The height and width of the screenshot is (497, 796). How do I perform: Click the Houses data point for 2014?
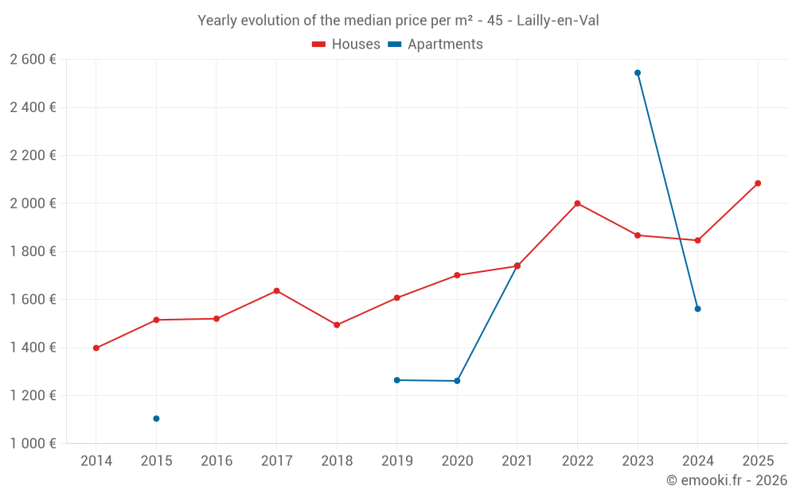[96, 348]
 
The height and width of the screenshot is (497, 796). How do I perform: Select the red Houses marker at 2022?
[577, 204]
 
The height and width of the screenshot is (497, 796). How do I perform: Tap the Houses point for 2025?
[758, 183]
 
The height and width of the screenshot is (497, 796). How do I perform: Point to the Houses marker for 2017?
[276, 291]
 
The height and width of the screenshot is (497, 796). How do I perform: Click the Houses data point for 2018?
[337, 324]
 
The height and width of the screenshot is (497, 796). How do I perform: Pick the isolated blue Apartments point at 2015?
[156, 418]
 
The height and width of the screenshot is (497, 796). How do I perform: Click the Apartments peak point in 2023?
[638, 72]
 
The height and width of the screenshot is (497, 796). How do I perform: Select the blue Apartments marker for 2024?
[698, 309]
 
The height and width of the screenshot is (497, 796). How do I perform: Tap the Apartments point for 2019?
[396, 380]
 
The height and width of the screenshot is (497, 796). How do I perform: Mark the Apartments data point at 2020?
[457, 381]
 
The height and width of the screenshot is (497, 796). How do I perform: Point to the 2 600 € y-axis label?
[33, 60]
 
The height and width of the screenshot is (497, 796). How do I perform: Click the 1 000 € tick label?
[33, 444]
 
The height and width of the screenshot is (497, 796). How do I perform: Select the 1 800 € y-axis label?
[33, 251]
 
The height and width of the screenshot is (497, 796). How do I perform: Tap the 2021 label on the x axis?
[517, 461]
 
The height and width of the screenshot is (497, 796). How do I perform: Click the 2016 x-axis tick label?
[217, 461]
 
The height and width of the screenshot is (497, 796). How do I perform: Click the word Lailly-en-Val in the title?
[557, 21]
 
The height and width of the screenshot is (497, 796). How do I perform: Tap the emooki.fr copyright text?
[726, 480]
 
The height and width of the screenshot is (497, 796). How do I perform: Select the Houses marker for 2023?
[638, 235]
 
